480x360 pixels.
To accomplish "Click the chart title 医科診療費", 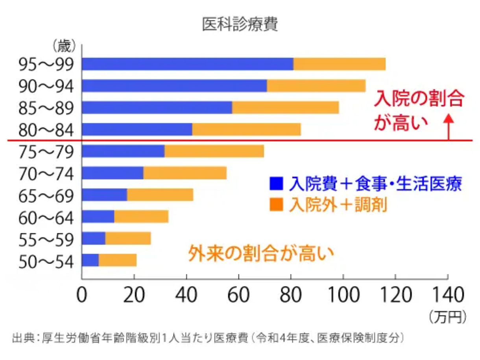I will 240,24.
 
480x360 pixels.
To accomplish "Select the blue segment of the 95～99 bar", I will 188,64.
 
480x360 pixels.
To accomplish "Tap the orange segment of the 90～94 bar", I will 316,86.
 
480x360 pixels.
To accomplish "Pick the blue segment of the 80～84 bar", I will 137,129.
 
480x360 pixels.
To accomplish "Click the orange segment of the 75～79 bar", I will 214,151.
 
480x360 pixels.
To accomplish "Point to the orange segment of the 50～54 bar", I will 118,260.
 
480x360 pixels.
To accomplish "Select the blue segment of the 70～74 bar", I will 113,173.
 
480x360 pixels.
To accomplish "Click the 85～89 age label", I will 46,108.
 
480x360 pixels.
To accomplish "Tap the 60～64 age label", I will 46,217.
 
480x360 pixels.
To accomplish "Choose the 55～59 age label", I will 46,239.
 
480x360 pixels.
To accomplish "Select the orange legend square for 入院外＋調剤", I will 276,205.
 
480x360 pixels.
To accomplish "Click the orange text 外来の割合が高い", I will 261,251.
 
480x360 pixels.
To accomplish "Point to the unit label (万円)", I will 448,316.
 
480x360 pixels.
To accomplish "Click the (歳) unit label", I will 64,47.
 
